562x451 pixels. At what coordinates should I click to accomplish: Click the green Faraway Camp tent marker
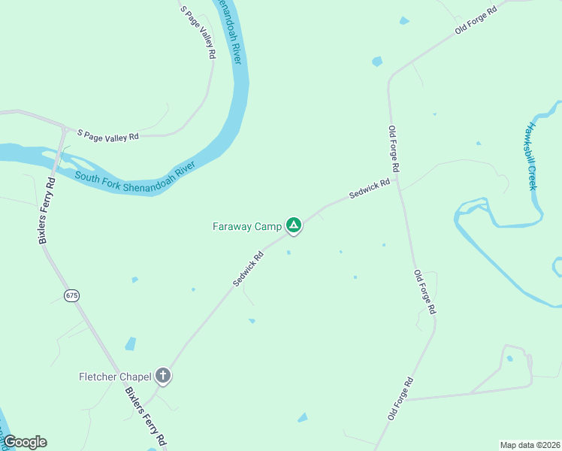click(294, 225)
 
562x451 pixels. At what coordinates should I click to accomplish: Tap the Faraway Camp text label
click(246, 225)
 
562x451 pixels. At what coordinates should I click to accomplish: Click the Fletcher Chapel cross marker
click(164, 376)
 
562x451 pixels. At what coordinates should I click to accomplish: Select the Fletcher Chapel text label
click(115, 376)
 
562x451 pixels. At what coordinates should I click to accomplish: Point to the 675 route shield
click(71, 295)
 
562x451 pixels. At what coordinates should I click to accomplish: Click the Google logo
click(25, 442)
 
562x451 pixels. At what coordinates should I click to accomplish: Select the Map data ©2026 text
click(530, 445)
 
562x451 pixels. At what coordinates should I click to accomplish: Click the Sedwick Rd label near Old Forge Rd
click(370, 189)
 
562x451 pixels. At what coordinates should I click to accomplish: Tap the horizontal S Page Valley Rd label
click(108, 136)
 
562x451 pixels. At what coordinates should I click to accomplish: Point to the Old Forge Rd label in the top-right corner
click(476, 20)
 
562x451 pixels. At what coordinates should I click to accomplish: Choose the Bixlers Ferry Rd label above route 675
click(47, 211)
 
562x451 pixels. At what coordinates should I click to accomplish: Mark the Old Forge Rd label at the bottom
click(400, 398)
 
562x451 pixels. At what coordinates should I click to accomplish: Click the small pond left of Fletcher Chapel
click(131, 344)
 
